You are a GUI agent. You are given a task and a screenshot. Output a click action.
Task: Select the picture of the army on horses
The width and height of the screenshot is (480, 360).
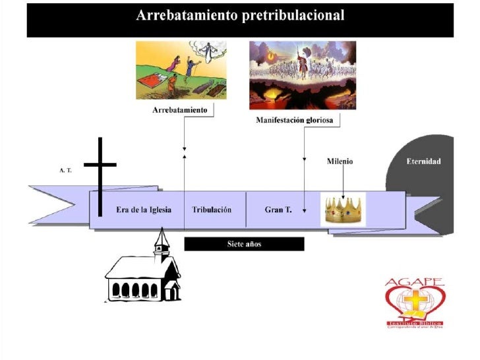(302, 75)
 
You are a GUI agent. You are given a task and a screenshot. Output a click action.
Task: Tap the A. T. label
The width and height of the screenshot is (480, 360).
(65, 169)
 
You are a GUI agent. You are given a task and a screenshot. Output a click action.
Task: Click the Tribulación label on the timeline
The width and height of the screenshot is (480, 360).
(212, 210)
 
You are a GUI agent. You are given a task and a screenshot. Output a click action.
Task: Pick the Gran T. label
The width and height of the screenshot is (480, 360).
(277, 210)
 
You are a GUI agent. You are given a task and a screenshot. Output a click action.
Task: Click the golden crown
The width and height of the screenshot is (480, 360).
(343, 210)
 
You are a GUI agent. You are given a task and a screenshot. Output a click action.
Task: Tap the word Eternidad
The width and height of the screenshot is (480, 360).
(423, 162)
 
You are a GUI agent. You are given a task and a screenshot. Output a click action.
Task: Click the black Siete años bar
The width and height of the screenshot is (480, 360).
(244, 244)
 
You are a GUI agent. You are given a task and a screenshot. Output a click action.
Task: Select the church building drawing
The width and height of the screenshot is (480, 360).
(142, 276)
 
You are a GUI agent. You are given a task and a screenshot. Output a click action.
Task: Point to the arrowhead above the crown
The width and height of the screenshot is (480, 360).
(343, 195)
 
